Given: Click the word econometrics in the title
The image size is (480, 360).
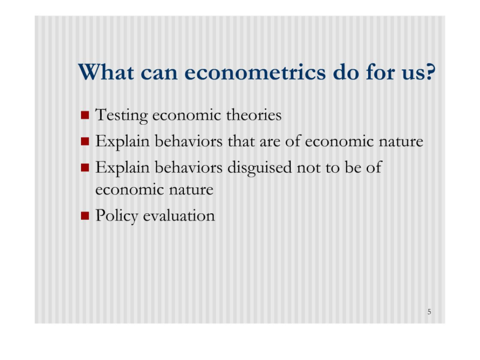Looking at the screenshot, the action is tap(255, 73).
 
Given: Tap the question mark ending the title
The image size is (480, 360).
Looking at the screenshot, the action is tap(430, 72).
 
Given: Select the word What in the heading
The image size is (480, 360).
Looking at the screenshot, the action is tap(106, 72).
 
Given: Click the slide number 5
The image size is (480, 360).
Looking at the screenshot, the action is tap(429, 311).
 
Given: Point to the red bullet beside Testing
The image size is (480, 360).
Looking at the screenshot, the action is tap(85, 115).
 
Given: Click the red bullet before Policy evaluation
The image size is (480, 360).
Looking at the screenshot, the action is tap(85, 216).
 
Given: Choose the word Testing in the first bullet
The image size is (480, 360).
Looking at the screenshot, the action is tap(122, 116).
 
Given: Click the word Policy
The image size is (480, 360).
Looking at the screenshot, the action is tap(117, 216).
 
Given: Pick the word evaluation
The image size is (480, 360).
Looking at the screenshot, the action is tap(179, 215).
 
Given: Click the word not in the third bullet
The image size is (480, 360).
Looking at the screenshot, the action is tap(308, 168).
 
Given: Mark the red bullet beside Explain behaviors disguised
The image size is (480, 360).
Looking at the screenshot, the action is tap(85, 167).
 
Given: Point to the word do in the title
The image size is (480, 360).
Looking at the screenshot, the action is tap(346, 73).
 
